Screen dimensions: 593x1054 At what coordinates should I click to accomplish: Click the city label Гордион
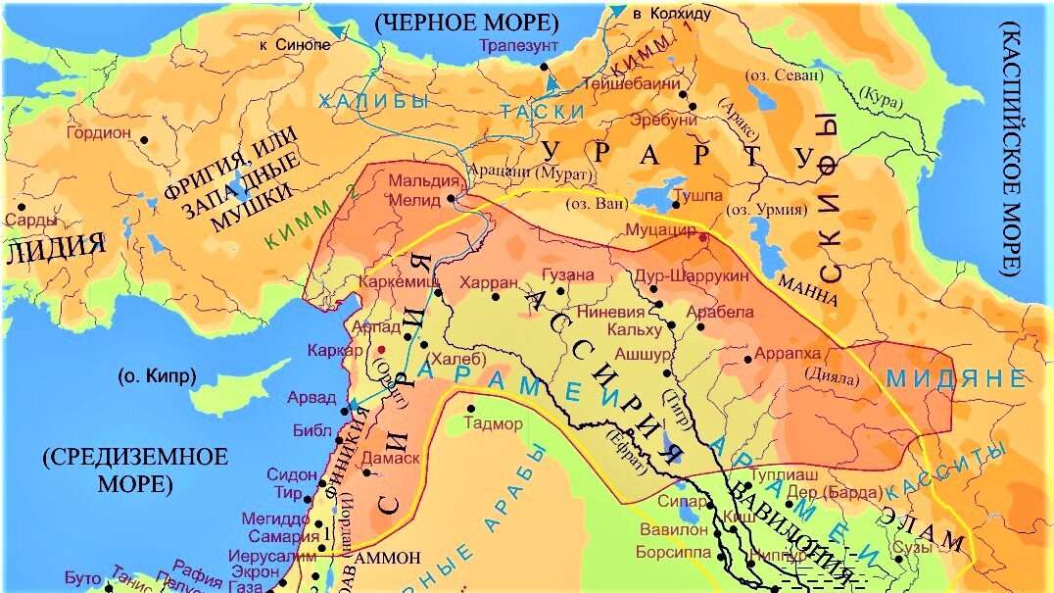point(99,132)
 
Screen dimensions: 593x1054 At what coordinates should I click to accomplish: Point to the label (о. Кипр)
point(157,375)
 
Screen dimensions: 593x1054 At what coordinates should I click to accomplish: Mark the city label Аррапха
point(790,351)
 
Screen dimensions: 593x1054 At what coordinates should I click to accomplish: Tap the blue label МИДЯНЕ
point(955,378)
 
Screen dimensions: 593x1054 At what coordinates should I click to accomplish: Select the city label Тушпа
point(698,196)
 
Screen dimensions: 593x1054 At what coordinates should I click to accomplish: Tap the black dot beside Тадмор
point(471,409)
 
